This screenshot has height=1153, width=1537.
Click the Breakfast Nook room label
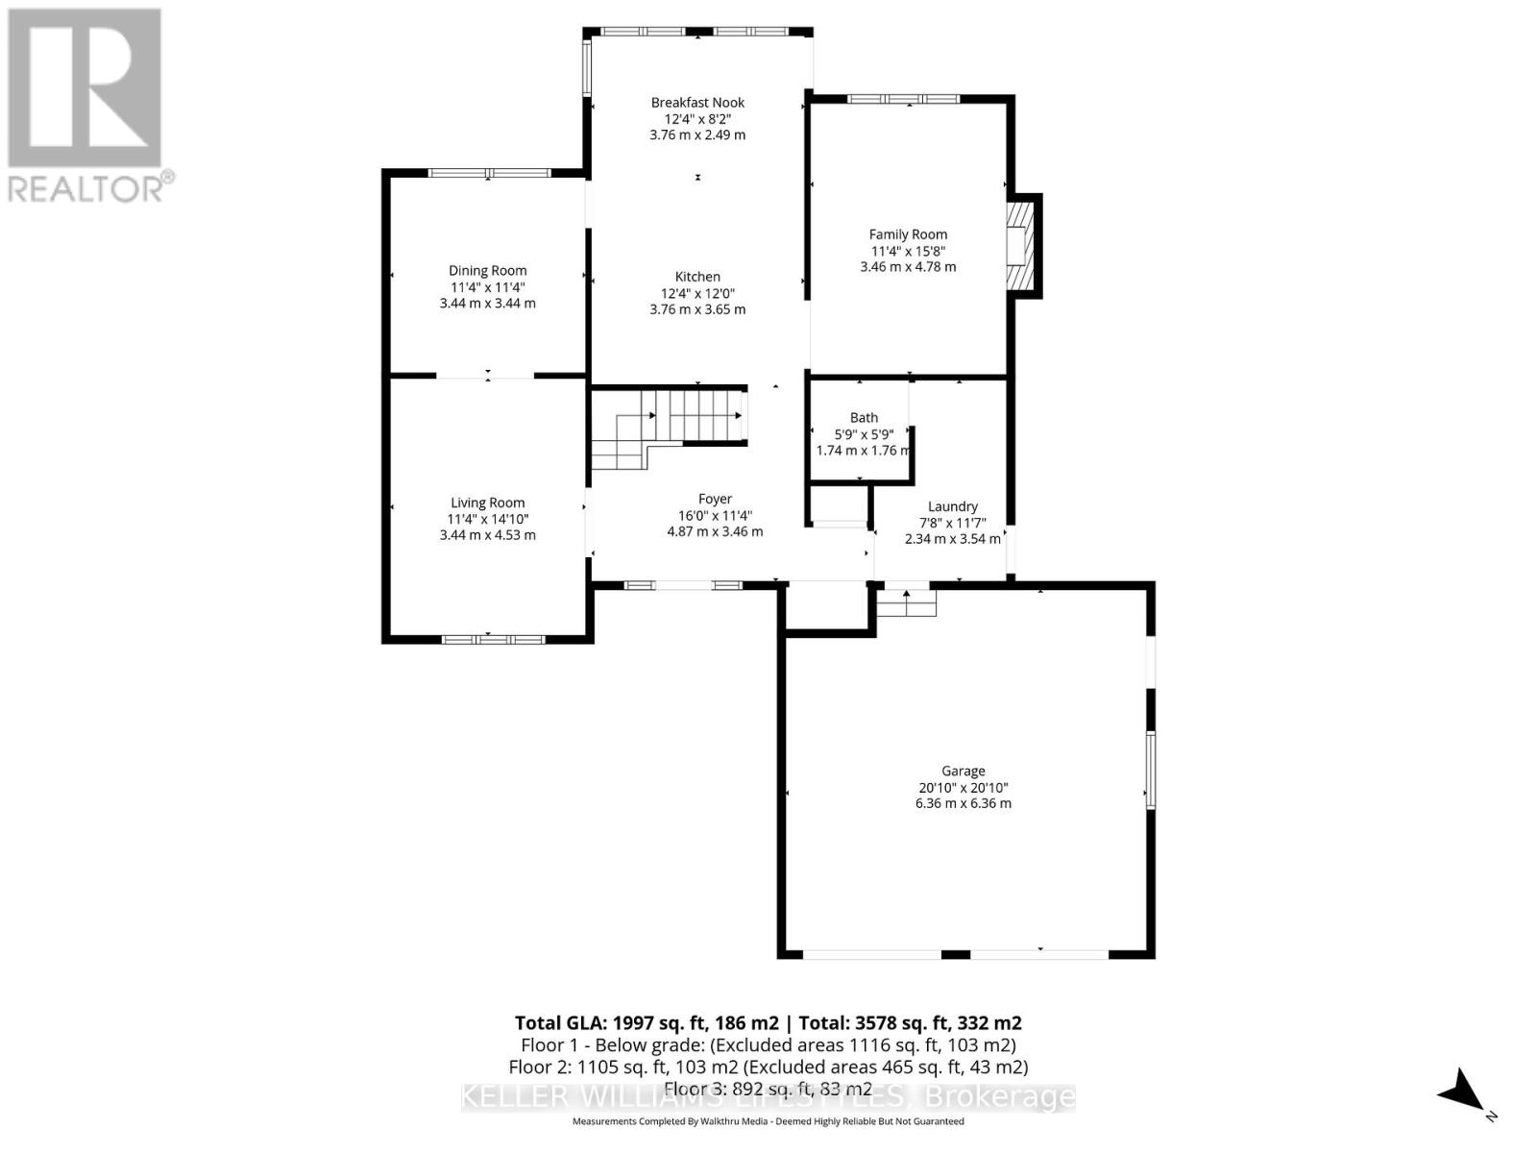pyautogui.click(x=697, y=103)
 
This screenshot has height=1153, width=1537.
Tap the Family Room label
pyautogui.click(x=908, y=234)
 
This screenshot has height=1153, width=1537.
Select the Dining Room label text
pyautogui.click(x=487, y=271)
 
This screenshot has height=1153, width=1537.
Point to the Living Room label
pyautogui.click(x=487, y=503)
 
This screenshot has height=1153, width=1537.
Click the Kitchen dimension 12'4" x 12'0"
pyautogui.click(x=697, y=293)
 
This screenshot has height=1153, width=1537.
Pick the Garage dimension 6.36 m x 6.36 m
pyautogui.click(x=963, y=803)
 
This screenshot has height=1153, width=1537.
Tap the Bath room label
pyautogui.click(x=864, y=418)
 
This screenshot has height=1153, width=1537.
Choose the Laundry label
pyautogui.click(x=952, y=506)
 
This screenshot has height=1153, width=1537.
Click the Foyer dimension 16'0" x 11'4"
pyautogui.click(x=715, y=515)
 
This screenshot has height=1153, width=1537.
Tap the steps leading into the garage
pyautogui.click(x=907, y=602)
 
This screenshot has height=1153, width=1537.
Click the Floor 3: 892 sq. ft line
pyautogui.click(x=768, y=1089)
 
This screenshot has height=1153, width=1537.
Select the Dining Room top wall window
pyautogui.click(x=489, y=174)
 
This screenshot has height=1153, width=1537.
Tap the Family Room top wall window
pyautogui.click(x=903, y=99)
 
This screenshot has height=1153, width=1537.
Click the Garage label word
pyautogui.click(x=963, y=771)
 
